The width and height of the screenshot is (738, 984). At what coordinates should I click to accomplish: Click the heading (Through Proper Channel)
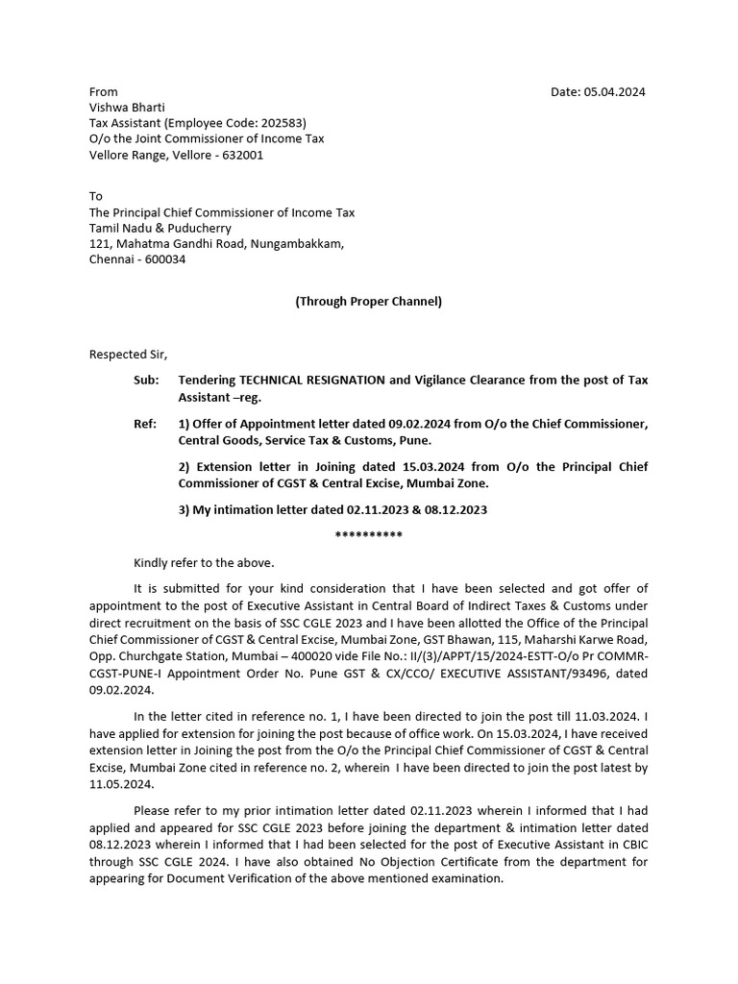tap(368, 301)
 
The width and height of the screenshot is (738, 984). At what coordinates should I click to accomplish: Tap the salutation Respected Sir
tap(128, 354)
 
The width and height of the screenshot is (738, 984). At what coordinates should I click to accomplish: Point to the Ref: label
tap(144, 424)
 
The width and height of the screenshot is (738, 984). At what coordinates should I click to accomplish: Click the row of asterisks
tap(368, 534)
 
